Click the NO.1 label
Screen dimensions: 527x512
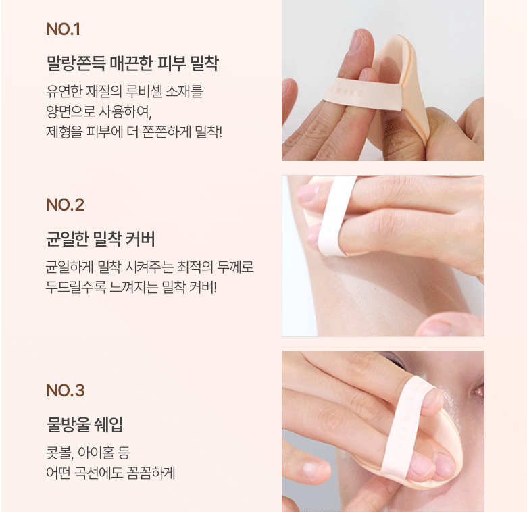(x=64, y=29)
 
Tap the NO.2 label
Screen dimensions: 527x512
(x=66, y=205)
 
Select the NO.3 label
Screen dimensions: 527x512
(x=66, y=390)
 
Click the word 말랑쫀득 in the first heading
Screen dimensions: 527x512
(x=76, y=63)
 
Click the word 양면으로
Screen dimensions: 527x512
(x=70, y=111)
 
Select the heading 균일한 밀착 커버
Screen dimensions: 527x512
(x=101, y=239)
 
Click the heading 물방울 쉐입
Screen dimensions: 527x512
(x=84, y=424)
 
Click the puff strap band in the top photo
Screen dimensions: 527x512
(x=362, y=93)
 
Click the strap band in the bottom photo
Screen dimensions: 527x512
(x=404, y=427)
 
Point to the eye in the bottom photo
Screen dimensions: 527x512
(x=479, y=390)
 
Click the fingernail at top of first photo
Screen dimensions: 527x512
(x=357, y=41)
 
